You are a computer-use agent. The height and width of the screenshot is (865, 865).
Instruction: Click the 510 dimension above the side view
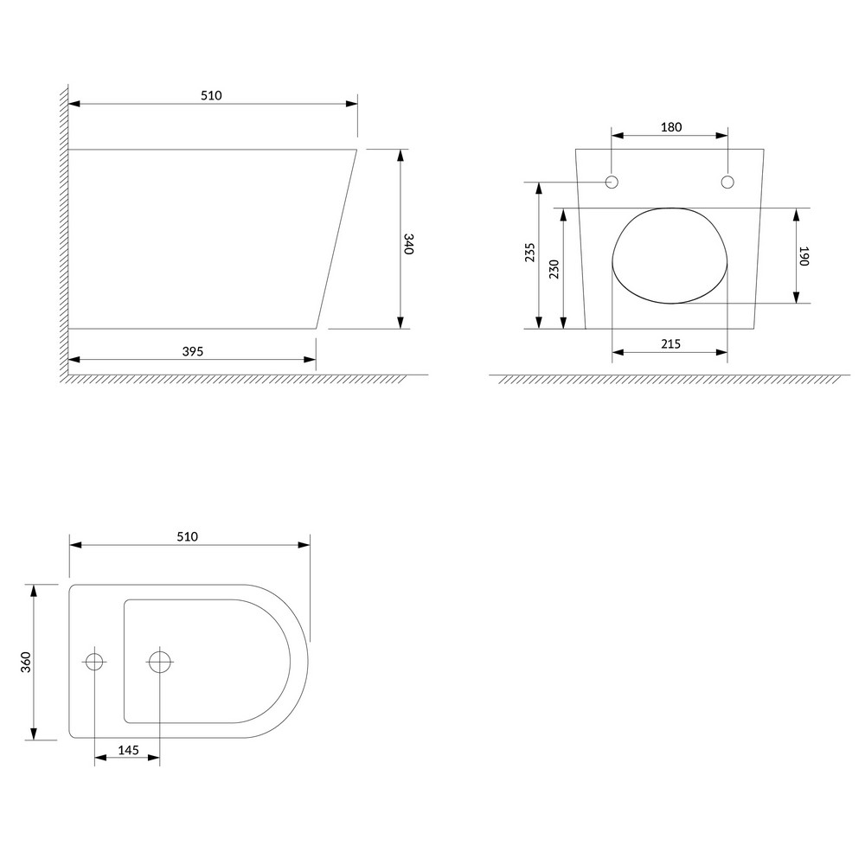pyautogui.click(x=211, y=95)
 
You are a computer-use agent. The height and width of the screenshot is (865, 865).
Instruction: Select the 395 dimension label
pyautogui.click(x=193, y=351)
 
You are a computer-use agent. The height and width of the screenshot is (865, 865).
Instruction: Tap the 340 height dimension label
pyautogui.click(x=408, y=244)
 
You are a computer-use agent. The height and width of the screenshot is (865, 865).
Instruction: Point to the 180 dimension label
pyautogui.click(x=671, y=127)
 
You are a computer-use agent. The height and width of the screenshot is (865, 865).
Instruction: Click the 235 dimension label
pyautogui.click(x=529, y=252)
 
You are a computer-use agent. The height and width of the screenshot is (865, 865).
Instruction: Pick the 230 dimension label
pyautogui.click(x=554, y=269)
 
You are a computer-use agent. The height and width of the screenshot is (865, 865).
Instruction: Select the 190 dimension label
pyautogui.click(x=804, y=256)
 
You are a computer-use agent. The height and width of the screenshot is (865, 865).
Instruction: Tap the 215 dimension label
pyautogui.click(x=671, y=344)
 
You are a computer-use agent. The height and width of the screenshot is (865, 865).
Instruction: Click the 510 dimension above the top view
pyautogui.click(x=188, y=537)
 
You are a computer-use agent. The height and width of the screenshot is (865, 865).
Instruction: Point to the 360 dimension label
pyautogui.click(x=26, y=662)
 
